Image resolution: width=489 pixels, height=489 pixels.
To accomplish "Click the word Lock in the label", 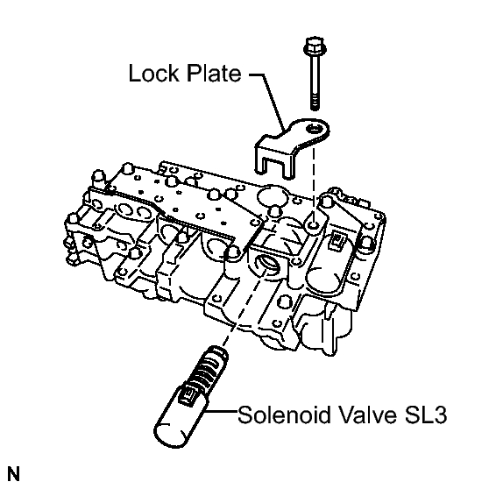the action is tap(154, 73).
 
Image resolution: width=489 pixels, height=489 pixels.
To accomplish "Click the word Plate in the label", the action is tap(214, 73).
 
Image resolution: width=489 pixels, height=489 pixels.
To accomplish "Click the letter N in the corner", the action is tap(14, 474).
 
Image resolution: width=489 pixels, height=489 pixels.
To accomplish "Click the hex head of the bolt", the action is tap(315, 46).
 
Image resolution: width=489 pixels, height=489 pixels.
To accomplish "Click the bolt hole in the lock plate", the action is tap(313, 129).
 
